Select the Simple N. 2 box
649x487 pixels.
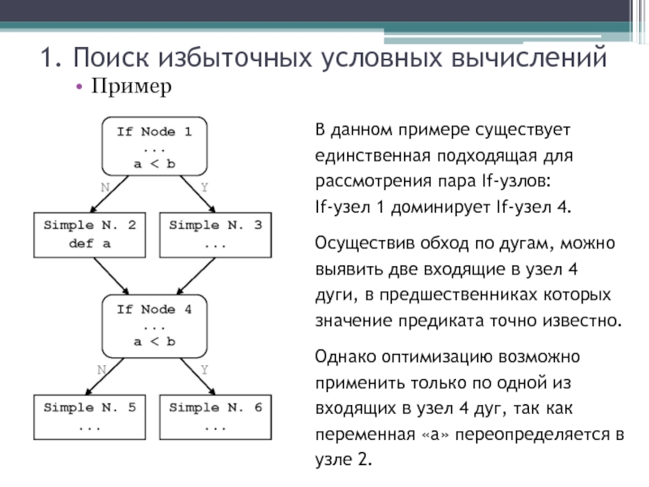pyautogui.click(x=90, y=234)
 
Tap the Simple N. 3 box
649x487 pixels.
pyautogui.click(x=215, y=234)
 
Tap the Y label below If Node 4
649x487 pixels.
pyautogui.click(x=204, y=368)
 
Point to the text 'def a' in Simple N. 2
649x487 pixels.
pyautogui.click(x=89, y=243)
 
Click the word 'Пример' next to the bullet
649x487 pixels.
pyautogui.click(x=131, y=86)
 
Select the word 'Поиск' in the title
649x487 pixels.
pyautogui.click(x=108, y=58)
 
